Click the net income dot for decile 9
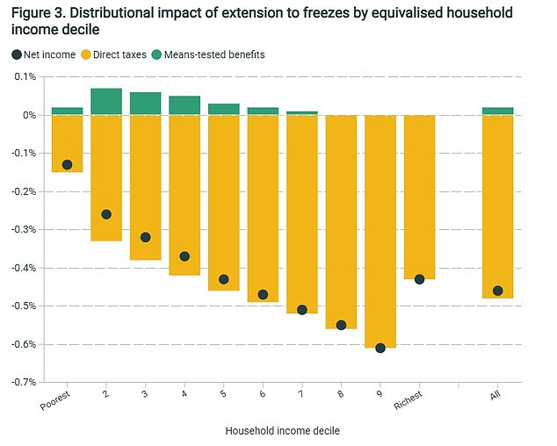click(x=380, y=348)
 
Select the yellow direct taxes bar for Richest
click(x=419, y=198)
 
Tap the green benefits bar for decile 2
click(x=106, y=101)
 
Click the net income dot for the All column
click(x=497, y=291)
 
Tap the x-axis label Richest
click(x=412, y=400)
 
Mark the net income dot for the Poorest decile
click(x=67, y=165)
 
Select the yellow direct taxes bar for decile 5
click(x=223, y=203)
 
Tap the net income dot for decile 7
click(x=301, y=310)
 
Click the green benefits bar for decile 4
click(x=184, y=105)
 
